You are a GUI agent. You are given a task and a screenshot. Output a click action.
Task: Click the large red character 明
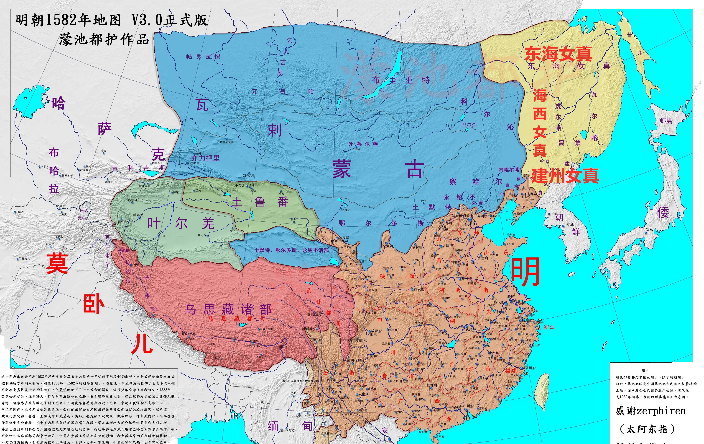point(525,272)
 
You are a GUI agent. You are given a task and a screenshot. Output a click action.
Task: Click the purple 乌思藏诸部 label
point(228,309)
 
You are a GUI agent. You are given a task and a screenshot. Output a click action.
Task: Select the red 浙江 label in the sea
point(549,327)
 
